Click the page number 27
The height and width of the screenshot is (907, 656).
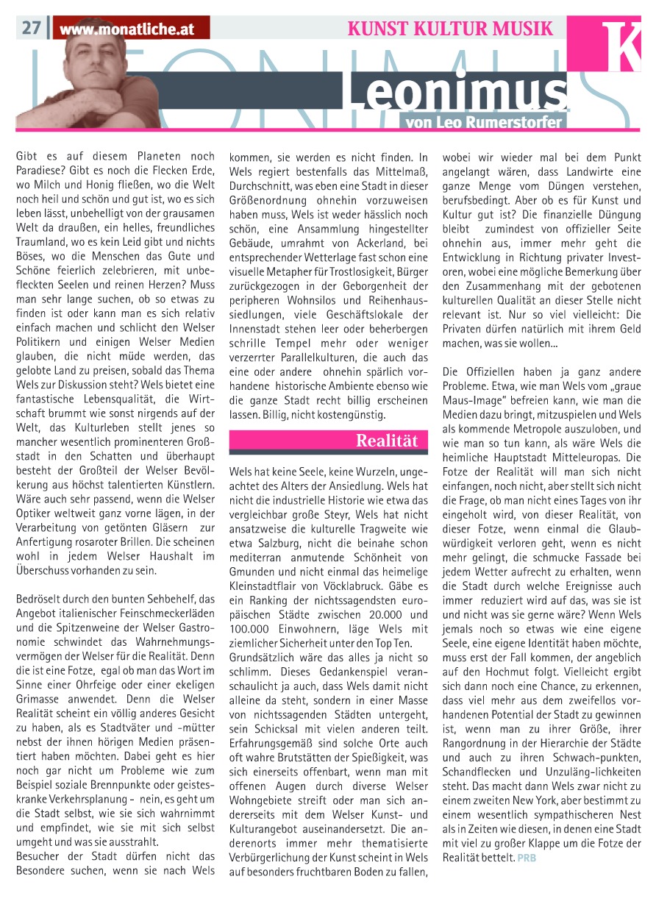(29, 29)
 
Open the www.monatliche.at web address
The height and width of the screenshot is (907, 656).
(126, 29)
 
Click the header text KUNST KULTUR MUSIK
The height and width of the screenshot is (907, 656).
(449, 29)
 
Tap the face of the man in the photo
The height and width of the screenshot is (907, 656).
(99, 66)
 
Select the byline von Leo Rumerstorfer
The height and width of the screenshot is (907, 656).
(483, 123)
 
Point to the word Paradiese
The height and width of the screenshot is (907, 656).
(40, 170)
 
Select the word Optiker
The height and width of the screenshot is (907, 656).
(35, 513)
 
